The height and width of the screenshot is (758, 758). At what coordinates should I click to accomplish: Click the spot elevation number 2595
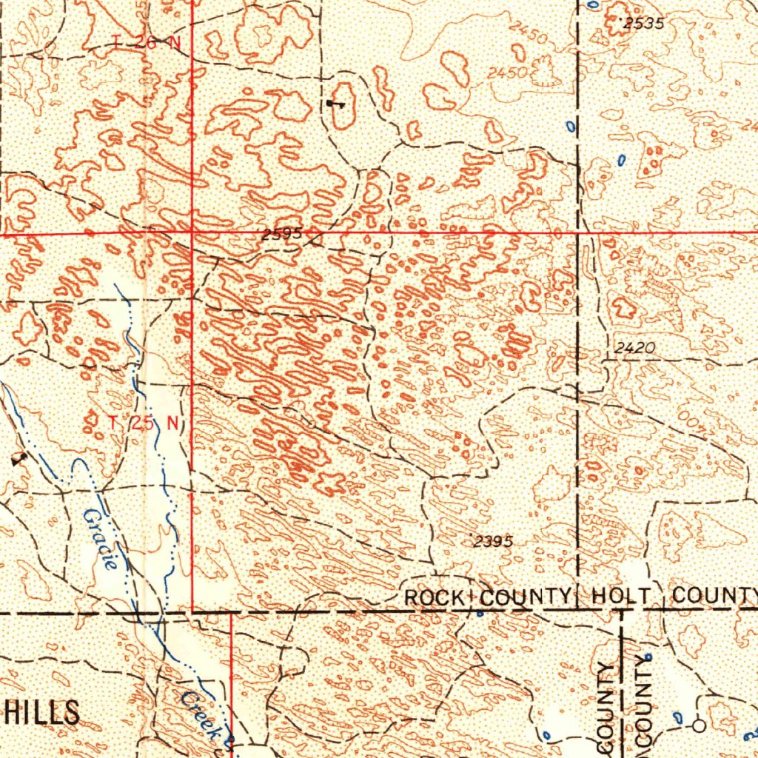pyautogui.click(x=281, y=235)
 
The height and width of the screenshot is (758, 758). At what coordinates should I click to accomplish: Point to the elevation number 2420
pyautogui.click(x=634, y=346)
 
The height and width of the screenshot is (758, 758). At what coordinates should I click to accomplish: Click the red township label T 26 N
pyautogui.click(x=147, y=43)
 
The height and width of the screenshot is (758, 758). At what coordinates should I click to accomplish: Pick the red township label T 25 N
pyautogui.click(x=144, y=423)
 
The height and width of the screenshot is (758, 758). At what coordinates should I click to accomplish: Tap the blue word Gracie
pyautogui.click(x=101, y=538)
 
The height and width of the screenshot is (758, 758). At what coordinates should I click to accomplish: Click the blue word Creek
pyautogui.click(x=201, y=714)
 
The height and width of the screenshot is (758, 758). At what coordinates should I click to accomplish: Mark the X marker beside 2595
pyautogui.click(x=317, y=240)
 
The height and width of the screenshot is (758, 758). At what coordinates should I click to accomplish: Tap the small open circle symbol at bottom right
pyautogui.click(x=699, y=725)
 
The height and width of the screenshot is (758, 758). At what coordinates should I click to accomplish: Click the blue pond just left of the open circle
pyautogui.click(x=678, y=717)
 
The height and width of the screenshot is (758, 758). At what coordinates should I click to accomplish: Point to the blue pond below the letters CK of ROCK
pyautogui.click(x=479, y=613)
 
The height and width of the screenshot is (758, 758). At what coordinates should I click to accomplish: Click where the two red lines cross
pyautogui.click(x=192, y=233)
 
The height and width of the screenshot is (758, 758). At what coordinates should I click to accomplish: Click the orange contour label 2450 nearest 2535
pyautogui.click(x=529, y=35)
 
